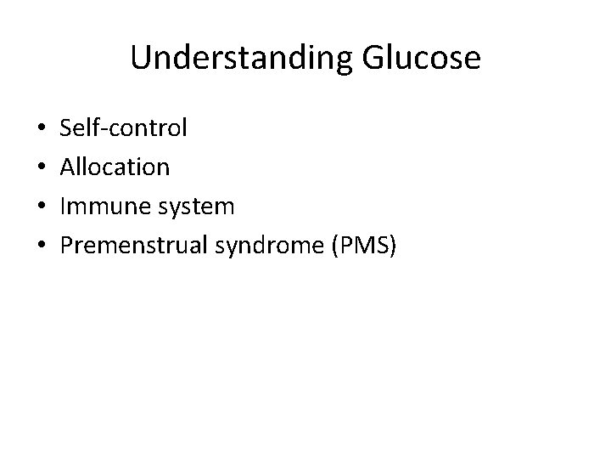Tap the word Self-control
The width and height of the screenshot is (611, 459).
(124, 128)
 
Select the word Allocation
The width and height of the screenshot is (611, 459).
(115, 167)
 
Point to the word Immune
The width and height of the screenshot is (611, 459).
(103, 207)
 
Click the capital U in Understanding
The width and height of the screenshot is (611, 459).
(140, 58)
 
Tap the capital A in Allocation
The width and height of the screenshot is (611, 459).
(67, 167)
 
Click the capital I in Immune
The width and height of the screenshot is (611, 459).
(63, 207)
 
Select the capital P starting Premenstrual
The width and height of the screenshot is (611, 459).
(67, 246)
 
